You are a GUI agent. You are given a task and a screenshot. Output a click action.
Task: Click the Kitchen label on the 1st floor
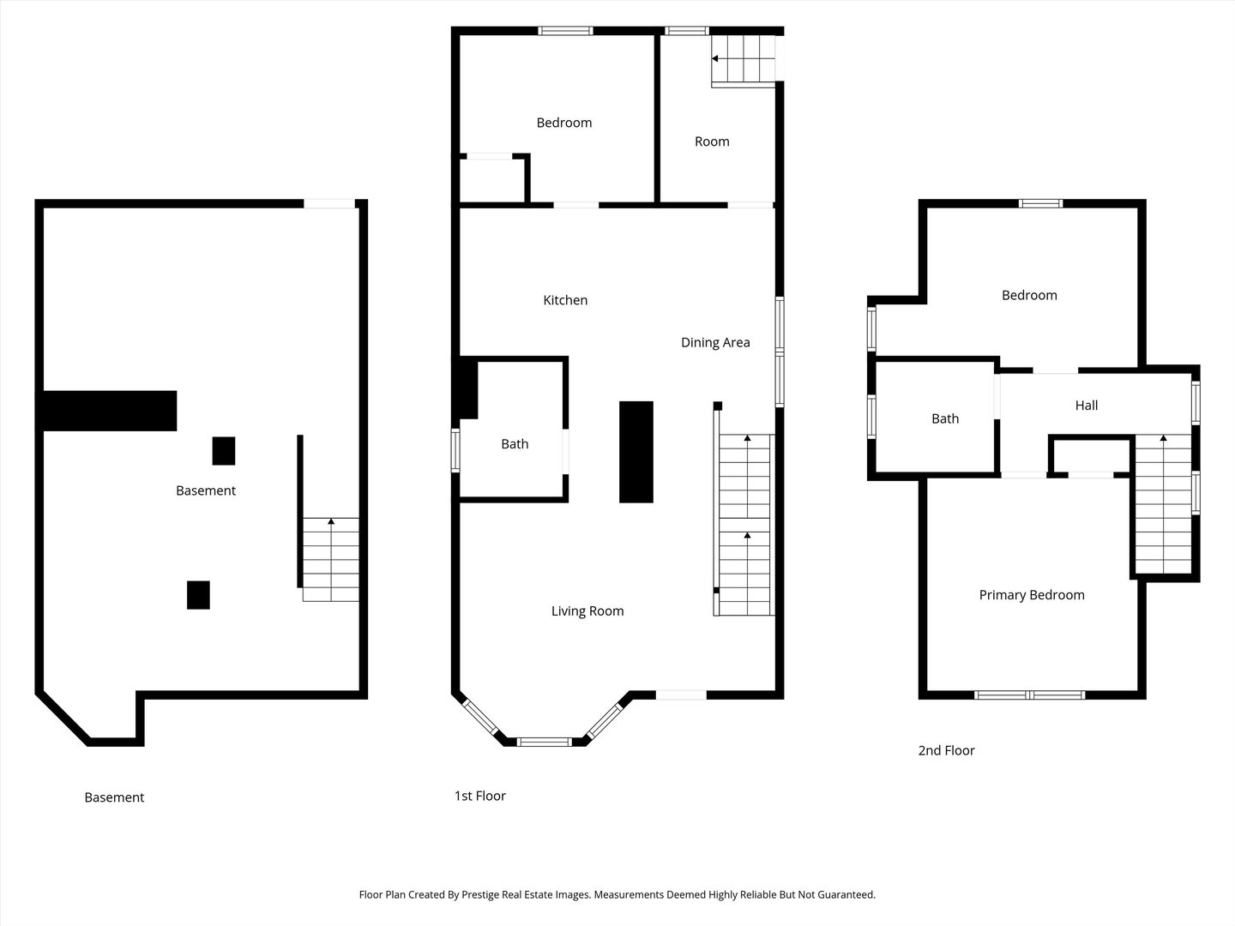pyautogui.click(x=565, y=300)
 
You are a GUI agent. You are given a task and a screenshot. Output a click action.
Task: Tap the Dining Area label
pyautogui.click(x=715, y=342)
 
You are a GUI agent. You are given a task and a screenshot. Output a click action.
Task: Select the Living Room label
pyautogui.click(x=587, y=611)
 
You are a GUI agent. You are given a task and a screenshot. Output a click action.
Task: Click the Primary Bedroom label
pyautogui.click(x=1032, y=595)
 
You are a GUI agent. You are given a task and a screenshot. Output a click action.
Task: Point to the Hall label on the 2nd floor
pyautogui.click(x=1087, y=406)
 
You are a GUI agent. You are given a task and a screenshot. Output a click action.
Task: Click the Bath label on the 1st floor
pyautogui.click(x=515, y=444)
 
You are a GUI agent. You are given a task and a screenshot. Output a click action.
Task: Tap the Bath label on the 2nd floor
pyautogui.click(x=945, y=418)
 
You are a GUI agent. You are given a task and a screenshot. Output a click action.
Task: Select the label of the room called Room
pyautogui.click(x=712, y=141)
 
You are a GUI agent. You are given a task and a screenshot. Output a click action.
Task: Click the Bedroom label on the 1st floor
pyautogui.click(x=564, y=123)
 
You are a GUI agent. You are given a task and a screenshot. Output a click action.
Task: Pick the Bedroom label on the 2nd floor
pyautogui.click(x=1029, y=295)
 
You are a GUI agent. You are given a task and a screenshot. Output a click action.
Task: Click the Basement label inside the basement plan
pyautogui.click(x=206, y=490)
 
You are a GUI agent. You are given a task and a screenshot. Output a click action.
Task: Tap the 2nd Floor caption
pyautogui.click(x=946, y=750)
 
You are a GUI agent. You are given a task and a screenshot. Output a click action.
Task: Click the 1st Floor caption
pyautogui.click(x=479, y=796)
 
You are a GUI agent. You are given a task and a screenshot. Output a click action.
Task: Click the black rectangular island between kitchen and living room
pyautogui.click(x=636, y=452)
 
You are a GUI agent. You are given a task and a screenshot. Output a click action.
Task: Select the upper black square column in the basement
pyautogui.click(x=224, y=451)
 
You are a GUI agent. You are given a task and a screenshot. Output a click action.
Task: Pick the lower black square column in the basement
pyautogui.click(x=198, y=595)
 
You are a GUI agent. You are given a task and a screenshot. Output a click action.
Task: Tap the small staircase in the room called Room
pyautogui.click(x=743, y=59)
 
